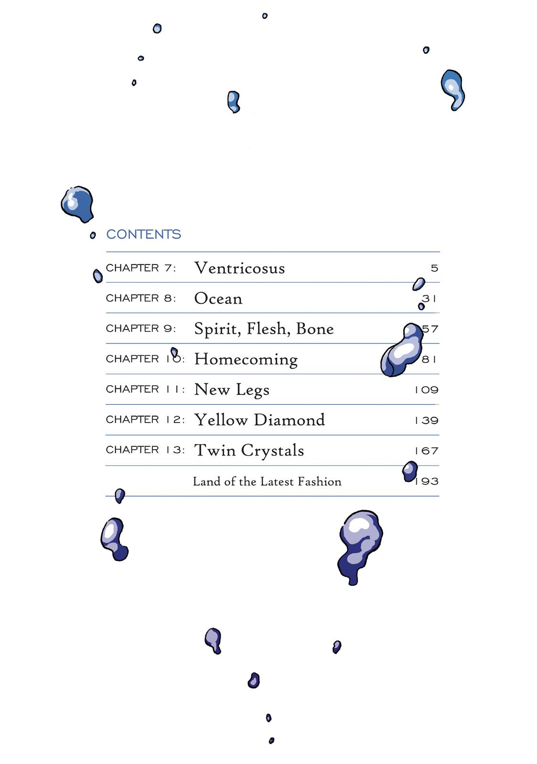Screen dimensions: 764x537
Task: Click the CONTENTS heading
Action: click(x=143, y=234)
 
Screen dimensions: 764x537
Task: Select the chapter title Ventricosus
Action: click(x=239, y=268)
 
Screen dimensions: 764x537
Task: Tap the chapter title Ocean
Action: click(x=218, y=298)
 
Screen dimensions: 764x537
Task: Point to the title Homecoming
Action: click(x=246, y=359)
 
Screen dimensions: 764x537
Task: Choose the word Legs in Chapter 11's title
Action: click(x=252, y=390)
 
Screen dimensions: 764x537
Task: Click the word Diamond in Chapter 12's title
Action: click(x=289, y=420)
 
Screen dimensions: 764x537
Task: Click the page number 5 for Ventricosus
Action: click(x=434, y=268)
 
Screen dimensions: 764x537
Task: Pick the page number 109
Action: click(x=427, y=390)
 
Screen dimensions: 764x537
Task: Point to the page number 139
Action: click(x=427, y=420)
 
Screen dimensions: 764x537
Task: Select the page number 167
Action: click(x=427, y=451)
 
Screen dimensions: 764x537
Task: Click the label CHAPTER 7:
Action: click(x=141, y=268)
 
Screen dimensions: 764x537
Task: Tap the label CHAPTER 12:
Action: click(x=145, y=420)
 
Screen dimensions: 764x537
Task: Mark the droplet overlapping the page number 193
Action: click(x=409, y=471)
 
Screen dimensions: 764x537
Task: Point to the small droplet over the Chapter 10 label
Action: click(x=174, y=352)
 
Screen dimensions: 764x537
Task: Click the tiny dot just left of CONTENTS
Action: click(x=93, y=235)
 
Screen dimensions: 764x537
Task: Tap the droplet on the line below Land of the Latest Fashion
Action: click(x=119, y=495)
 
